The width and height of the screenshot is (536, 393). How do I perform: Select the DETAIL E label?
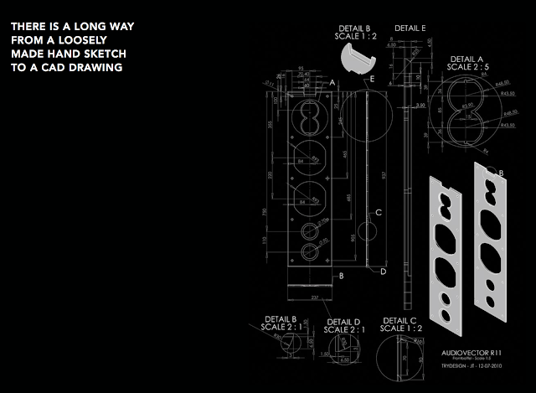click(410, 28)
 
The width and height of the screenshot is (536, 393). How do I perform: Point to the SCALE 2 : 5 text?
click(468, 69)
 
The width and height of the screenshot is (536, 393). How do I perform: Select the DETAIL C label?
click(399, 320)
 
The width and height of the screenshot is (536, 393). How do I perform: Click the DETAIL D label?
click(343, 322)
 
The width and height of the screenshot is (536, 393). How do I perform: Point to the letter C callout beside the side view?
click(379, 212)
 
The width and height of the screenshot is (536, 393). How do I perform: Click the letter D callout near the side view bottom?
click(383, 271)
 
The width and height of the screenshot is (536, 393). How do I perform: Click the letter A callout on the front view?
click(332, 83)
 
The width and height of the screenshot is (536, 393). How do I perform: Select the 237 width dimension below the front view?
click(313, 297)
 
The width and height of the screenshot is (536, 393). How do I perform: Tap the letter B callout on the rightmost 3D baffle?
click(502, 173)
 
